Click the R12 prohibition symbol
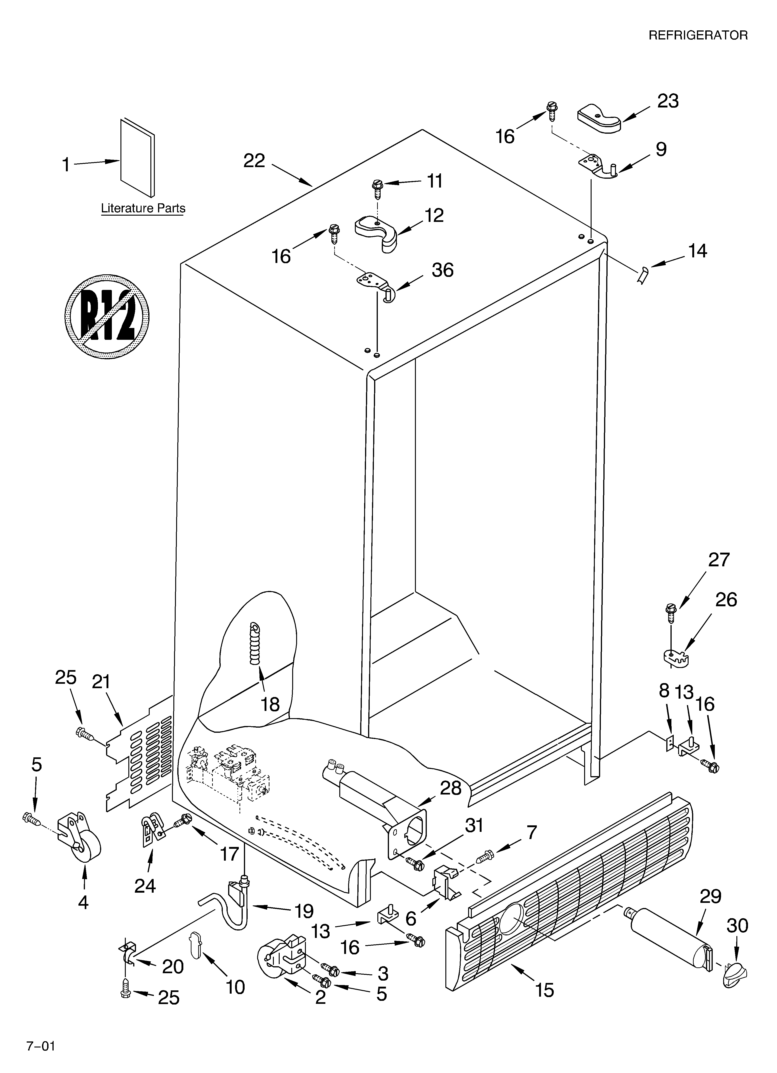[107, 316]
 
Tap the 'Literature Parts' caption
[143, 208]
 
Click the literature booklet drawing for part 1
[137, 157]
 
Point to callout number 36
[442, 270]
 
